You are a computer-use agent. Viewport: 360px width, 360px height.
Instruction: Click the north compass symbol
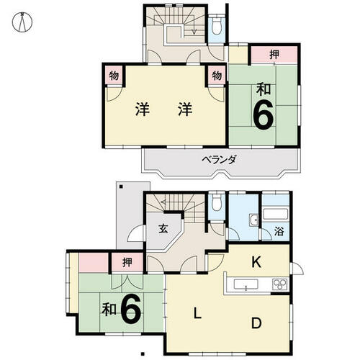pos(22,22)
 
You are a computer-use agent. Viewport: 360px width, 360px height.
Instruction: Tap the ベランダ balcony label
pos(219,160)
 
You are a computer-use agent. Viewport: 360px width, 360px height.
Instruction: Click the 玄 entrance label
pos(163,229)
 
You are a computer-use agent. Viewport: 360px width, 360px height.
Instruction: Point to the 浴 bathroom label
pos(279,232)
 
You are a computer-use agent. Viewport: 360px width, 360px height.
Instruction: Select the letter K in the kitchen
pos(256,262)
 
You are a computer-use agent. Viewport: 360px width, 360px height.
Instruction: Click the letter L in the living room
pos(197,313)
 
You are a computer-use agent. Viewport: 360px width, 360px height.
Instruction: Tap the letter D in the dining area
pos(256,323)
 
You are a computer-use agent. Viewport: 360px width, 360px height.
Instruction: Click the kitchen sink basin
pos(246,284)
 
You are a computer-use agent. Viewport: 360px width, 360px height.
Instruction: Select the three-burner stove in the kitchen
pos(280,284)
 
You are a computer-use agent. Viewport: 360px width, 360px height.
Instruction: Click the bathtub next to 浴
pos(276,214)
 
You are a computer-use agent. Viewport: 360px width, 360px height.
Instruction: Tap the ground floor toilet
pos(217,202)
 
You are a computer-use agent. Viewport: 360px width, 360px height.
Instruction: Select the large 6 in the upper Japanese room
pos(264,114)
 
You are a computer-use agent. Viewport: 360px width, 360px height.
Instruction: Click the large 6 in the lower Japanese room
pos(130,308)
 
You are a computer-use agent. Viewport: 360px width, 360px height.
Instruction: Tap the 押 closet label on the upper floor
pos(274,55)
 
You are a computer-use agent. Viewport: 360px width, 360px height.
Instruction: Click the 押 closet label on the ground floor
pos(127,262)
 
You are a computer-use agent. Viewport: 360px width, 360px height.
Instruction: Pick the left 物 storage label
pos(114,76)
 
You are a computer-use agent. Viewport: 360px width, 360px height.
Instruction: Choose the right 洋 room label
pos(185,109)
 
